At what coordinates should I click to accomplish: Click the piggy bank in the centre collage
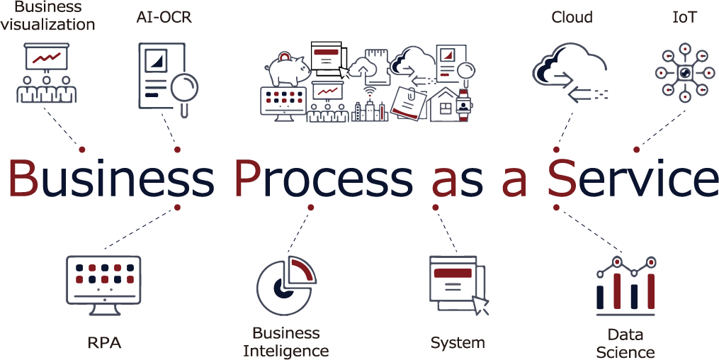click(x=286, y=69)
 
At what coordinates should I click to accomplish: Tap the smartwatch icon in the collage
click(x=463, y=105)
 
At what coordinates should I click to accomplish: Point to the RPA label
click(x=104, y=343)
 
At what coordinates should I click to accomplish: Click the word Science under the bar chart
click(x=625, y=351)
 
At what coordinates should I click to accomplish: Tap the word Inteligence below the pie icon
click(x=286, y=350)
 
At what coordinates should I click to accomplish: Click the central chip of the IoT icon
click(x=684, y=72)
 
